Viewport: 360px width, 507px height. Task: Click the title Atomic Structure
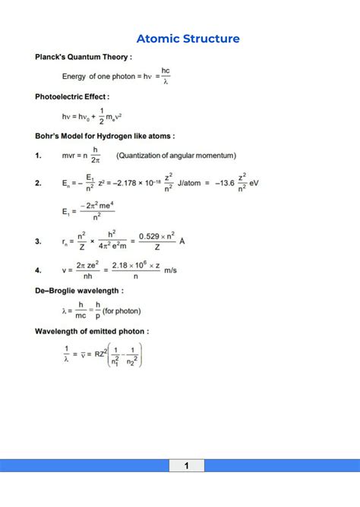click(188, 39)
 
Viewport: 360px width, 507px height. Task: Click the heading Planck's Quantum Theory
click(84, 57)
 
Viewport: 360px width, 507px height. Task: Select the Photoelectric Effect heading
click(72, 97)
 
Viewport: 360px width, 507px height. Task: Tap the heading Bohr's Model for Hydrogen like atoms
click(105, 137)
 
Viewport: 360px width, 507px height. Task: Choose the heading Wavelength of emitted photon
click(91, 332)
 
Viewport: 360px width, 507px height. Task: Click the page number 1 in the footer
click(186, 465)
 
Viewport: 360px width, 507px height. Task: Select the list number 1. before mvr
click(39, 156)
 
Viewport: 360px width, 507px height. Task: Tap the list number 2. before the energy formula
click(39, 184)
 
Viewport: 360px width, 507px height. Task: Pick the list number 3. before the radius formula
click(39, 241)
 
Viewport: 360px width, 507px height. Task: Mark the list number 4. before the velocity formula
click(39, 269)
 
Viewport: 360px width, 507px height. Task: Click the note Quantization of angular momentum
click(176, 156)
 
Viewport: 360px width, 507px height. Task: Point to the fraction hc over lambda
click(166, 76)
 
